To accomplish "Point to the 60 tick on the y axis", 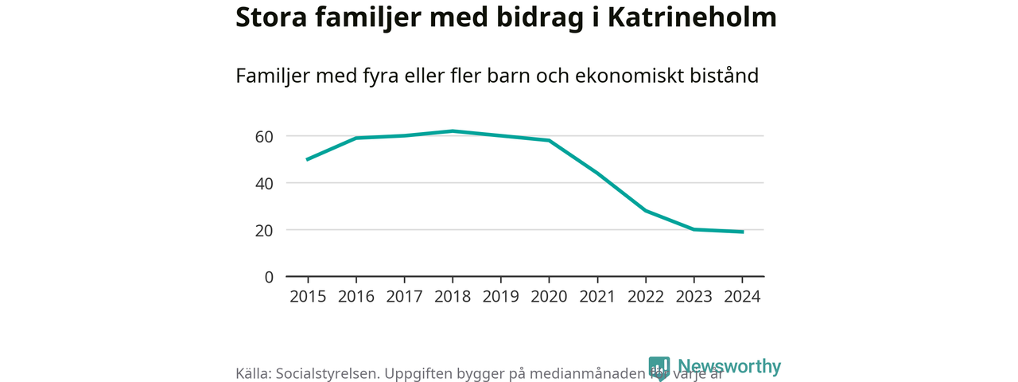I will point(264,136).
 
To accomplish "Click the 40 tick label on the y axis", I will point(264,183).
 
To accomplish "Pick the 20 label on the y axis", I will point(264,230).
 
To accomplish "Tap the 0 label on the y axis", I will point(269,277).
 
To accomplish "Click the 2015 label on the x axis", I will point(308,296).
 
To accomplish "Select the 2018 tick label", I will point(453,296).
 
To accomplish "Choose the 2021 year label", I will point(597,296).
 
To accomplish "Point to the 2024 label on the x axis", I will point(742,296).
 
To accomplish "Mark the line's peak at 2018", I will point(453,131).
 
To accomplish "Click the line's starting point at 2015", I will point(308,159).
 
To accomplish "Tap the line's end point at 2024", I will point(742,232).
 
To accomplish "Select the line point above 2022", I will point(646,211).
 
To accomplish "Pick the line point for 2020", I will point(549,140).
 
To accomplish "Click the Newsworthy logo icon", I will point(659,368).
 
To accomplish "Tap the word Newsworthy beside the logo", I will point(729,367).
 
